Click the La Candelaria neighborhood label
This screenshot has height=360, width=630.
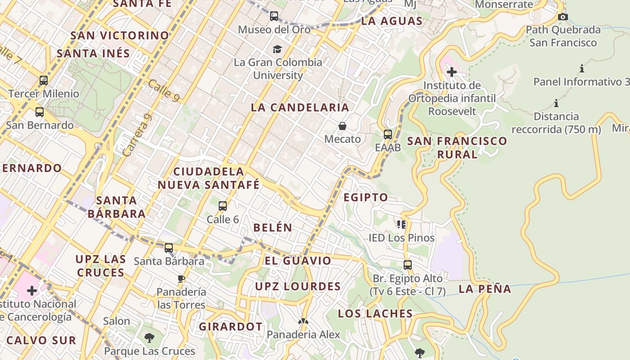coord(300,108)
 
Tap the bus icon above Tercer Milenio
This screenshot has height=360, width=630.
coord(44,81)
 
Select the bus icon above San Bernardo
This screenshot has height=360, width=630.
coord(40,112)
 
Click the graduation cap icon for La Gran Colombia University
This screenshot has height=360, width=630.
coord(278,49)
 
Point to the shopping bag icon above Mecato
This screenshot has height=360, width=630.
coord(342,126)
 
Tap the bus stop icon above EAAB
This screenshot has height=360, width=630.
coord(387,134)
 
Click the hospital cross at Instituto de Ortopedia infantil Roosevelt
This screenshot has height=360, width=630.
coord(452,72)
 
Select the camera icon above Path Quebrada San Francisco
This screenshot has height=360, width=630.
coord(562,17)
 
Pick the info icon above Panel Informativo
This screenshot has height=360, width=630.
coord(582,69)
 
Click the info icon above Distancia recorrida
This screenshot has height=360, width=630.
coord(556,103)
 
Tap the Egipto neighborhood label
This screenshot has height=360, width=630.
coord(366,197)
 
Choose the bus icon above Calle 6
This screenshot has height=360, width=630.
coord(222,206)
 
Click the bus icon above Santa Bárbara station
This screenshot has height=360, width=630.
coord(169,247)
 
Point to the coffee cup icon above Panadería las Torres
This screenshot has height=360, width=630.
coord(181,279)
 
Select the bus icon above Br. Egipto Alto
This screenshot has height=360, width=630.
coord(408,265)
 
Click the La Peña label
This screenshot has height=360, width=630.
coord(485,289)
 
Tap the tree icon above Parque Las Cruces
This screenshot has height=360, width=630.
coord(149,337)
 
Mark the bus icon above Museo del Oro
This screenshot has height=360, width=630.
coord(274,16)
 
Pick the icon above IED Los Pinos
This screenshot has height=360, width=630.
coord(401,224)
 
